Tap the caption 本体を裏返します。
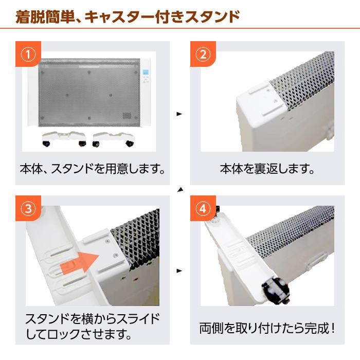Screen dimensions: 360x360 [267, 168]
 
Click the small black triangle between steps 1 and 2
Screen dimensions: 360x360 [179, 114]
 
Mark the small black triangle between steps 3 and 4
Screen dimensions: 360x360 [179, 270]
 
